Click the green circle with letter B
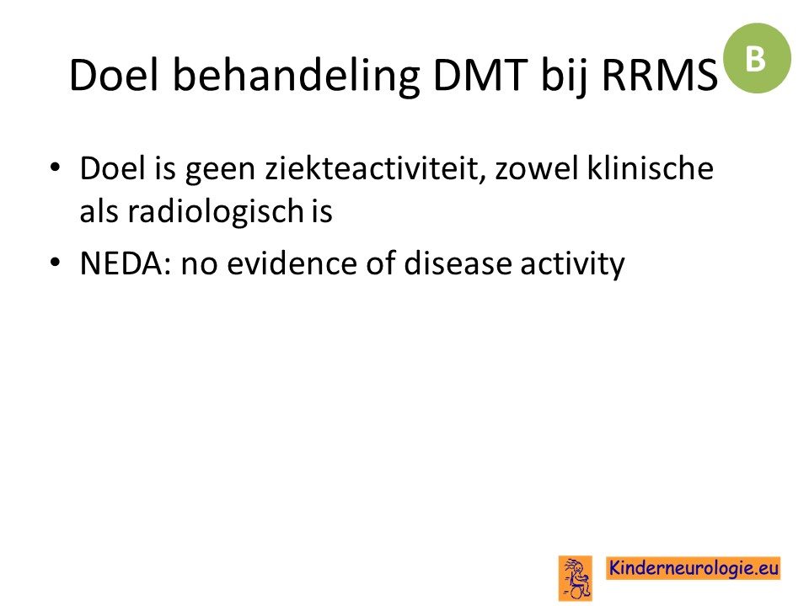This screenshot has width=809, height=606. (757, 58)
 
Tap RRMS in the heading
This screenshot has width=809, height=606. (660, 75)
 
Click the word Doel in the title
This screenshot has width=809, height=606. (114, 75)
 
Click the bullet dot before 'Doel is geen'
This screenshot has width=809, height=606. (56, 167)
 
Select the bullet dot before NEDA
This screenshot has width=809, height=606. (56, 263)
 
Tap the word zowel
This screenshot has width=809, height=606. (537, 168)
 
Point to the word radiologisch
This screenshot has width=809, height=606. (216, 211)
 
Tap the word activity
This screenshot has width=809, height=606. (572, 264)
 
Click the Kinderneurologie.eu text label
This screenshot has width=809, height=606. (693, 568)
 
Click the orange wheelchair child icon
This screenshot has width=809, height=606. (576, 578)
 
